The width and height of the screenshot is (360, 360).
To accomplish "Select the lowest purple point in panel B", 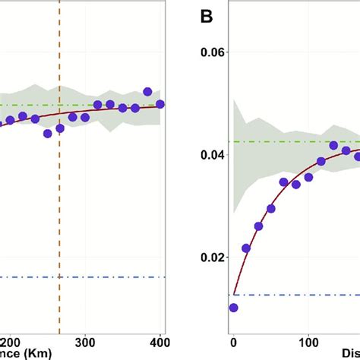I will [233, 308].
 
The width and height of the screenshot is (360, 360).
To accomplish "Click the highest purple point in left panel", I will [147, 92].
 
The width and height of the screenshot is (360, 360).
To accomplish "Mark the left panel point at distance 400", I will [160, 104].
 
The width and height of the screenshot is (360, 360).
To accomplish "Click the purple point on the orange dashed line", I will [60, 128].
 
